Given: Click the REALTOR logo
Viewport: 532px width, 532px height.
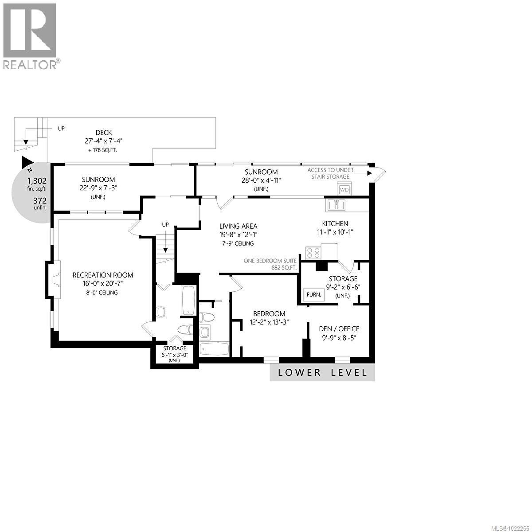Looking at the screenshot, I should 30,35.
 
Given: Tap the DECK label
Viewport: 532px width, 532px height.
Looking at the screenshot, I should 103,133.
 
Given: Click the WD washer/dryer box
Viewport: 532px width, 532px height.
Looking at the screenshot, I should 344,190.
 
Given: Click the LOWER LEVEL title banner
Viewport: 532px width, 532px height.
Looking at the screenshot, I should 322,372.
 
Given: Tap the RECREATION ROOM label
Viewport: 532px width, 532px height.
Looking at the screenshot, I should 103,275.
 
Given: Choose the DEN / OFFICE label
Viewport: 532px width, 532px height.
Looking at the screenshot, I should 339,329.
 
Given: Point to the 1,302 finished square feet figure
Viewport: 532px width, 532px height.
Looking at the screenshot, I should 37,181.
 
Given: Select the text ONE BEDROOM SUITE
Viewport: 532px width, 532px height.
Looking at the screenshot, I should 270,261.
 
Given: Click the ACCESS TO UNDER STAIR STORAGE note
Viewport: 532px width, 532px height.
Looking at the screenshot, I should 331,173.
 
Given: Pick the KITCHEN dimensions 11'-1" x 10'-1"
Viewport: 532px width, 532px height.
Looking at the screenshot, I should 335,232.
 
